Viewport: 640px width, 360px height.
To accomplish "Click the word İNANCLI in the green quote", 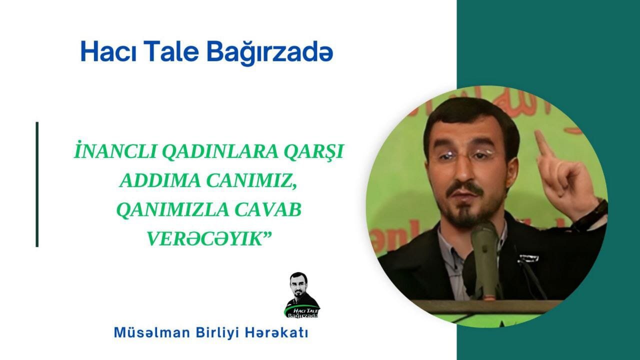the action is [x=115, y=151].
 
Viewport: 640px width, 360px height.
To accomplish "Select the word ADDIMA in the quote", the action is [x=160, y=180].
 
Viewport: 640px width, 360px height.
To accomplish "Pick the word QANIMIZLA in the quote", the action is [x=173, y=210].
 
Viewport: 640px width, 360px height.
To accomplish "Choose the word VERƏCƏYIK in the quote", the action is [x=204, y=238].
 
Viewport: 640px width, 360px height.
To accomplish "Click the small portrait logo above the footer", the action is [x=302, y=295].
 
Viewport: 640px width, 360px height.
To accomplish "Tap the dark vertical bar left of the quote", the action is [x=37, y=184].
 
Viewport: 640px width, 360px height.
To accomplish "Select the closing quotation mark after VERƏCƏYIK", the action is [x=267, y=234].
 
